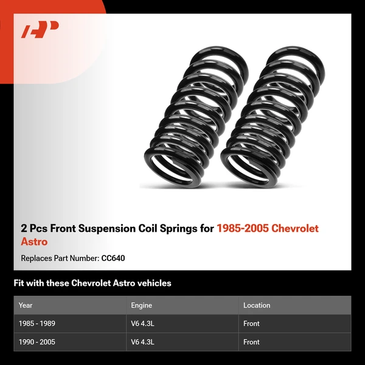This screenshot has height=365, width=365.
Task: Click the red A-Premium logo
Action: coord(40,30)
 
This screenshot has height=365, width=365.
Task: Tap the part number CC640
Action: coord(113,259)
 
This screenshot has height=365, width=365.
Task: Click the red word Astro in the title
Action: coord(34,242)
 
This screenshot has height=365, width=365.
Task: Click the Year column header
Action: coord(26,305)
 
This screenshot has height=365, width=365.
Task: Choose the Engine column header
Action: coord(141,305)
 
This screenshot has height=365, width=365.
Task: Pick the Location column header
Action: coord(257,305)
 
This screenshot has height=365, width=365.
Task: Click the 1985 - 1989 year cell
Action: coord(37,324)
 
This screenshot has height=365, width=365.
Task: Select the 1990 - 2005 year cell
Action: coord(37,342)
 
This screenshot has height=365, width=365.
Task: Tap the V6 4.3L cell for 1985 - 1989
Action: coord(143,324)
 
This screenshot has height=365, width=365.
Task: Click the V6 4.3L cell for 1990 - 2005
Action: coord(143,342)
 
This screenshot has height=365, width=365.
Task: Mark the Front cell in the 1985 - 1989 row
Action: coord(251,324)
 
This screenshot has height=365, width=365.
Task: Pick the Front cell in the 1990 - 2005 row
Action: coord(251,342)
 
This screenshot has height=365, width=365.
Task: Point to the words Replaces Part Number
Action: coord(59,259)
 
